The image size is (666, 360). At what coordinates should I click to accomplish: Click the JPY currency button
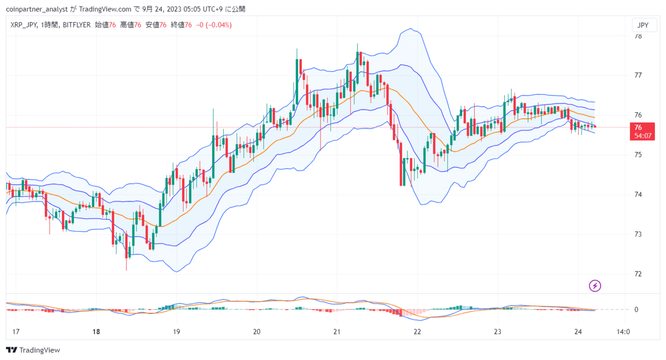[644, 25]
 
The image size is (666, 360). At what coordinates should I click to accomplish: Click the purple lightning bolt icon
[595, 286]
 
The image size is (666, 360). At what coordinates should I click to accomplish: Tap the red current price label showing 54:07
[642, 132]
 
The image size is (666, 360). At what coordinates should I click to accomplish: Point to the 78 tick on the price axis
[638, 36]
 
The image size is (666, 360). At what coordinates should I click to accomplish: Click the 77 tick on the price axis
[638, 75]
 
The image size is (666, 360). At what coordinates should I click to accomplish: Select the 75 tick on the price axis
[638, 155]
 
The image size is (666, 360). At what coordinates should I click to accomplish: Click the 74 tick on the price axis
[638, 195]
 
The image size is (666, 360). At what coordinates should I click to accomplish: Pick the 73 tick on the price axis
[638, 234]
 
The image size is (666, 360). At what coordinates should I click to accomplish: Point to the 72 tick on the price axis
[638, 274]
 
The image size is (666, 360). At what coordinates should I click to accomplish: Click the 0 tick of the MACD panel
[636, 310]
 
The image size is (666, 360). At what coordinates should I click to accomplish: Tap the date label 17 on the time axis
[16, 332]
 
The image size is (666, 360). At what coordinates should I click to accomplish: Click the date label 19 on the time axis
[176, 332]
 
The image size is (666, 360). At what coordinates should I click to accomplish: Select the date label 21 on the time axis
[337, 332]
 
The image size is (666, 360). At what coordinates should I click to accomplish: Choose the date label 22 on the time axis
[417, 332]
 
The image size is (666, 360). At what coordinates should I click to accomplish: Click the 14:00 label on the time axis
[623, 332]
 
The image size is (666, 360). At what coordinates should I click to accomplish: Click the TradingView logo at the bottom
[33, 350]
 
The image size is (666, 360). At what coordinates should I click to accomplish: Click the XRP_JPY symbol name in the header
[24, 25]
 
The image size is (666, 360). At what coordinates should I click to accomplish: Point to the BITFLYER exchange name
[76, 25]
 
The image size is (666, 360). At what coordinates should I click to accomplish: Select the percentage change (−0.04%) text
[219, 25]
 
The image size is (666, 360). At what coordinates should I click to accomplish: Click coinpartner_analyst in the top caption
[37, 9]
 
